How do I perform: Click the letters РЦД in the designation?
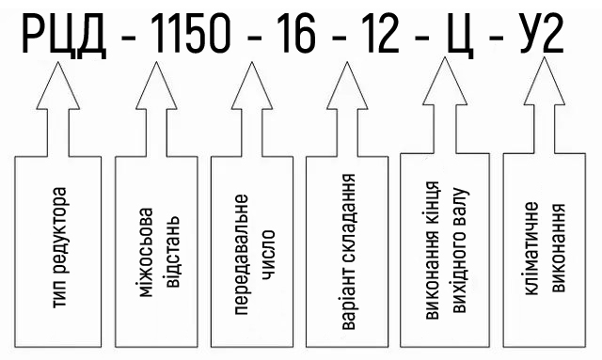[64, 36]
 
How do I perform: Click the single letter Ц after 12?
[460, 37]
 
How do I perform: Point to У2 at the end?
[542, 34]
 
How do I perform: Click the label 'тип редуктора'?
[59, 247]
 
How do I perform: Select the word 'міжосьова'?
[146, 253]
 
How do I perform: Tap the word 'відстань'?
[171, 252]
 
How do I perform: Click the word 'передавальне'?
[241, 255]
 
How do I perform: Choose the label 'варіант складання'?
[348, 252]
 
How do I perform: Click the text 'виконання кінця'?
[433, 250]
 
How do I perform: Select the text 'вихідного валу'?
[459, 250]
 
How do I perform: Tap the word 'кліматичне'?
[531, 249]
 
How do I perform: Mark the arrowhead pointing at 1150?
[156, 86]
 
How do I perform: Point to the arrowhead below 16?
[252, 86]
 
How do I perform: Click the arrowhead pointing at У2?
[545, 81]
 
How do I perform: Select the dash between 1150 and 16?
[253, 38]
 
